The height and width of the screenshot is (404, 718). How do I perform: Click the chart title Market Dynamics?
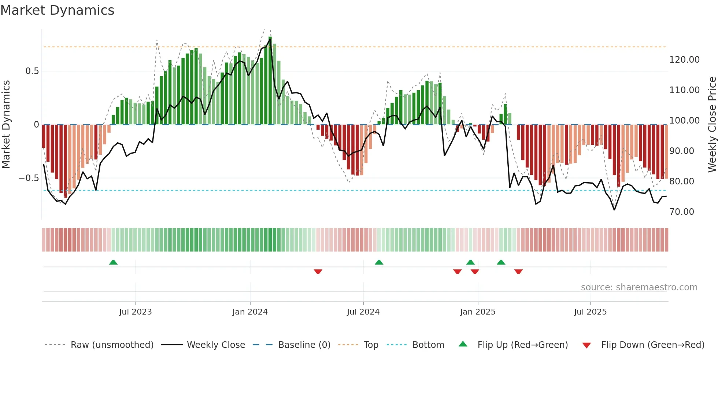tap(57, 10)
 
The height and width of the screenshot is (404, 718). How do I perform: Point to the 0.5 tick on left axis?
tap(32, 71)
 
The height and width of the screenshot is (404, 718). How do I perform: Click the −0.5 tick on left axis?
tap(29, 178)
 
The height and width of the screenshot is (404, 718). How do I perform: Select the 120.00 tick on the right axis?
tap(684, 60)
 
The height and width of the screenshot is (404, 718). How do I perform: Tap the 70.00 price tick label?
tap(681, 212)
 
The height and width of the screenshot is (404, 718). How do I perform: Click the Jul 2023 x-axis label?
tap(135, 312)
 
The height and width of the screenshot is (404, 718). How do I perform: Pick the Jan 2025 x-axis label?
tap(477, 312)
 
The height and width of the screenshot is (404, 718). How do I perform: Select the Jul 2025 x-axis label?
tap(590, 312)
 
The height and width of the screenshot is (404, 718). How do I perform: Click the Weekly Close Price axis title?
tap(712, 124)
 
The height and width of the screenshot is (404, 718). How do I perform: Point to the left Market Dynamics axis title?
tap(6, 124)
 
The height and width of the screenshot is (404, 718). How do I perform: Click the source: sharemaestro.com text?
tap(639, 287)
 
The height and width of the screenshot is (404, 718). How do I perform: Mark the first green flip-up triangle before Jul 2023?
tap(113, 262)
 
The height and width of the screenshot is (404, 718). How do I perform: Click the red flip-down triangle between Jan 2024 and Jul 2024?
tap(318, 272)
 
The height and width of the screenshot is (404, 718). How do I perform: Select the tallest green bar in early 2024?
tap(270, 81)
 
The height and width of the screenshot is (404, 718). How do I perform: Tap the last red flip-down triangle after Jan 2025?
tap(518, 272)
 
